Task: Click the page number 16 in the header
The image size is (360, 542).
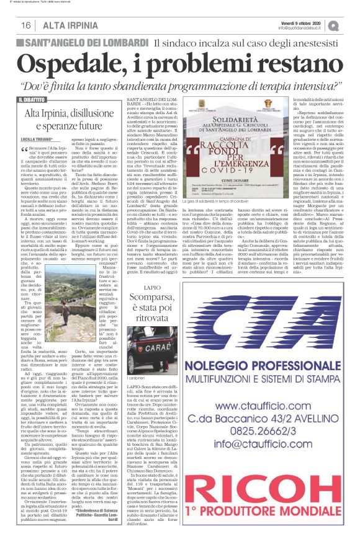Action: (25, 25)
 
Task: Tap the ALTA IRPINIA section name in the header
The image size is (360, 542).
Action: (65, 25)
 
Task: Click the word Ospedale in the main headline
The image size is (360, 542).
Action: (78, 64)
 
